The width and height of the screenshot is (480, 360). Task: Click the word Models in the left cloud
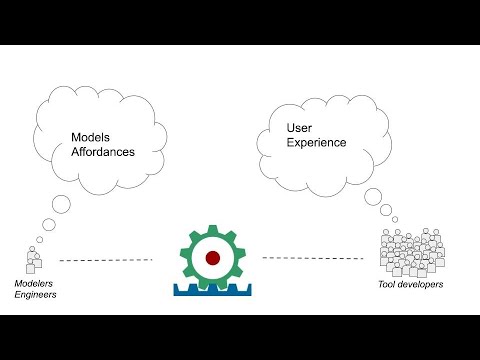[x=92, y=137]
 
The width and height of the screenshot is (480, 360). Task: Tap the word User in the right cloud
[x=299, y=128]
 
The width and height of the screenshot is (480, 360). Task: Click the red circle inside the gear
[x=213, y=257]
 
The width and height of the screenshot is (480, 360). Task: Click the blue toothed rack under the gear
[x=212, y=290]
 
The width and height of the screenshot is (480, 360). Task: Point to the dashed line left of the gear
[x=105, y=260]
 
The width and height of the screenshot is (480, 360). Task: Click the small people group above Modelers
[x=33, y=261]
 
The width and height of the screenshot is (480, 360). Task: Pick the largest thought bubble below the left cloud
[x=61, y=206]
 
